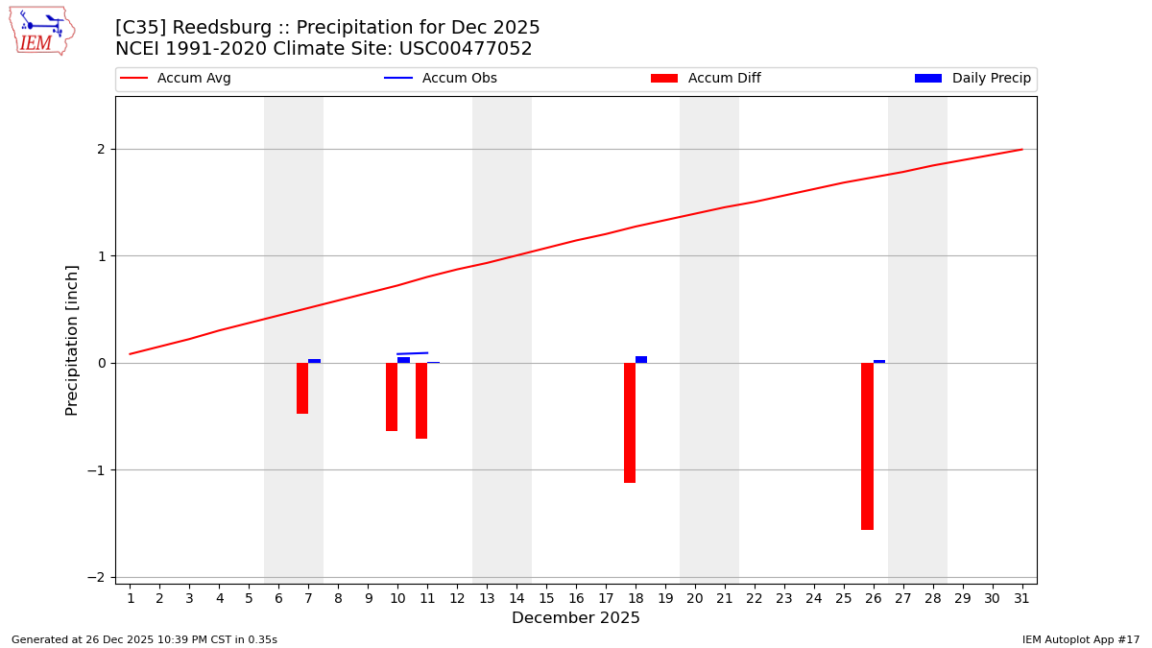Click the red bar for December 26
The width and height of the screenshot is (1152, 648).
pyautogui.click(x=867, y=445)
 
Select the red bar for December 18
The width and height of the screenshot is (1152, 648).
pyautogui.click(x=630, y=422)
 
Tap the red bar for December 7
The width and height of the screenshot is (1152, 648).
pyautogui.click(x=302, y=388)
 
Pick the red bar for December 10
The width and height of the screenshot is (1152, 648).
pyautogui.click(x=392, y=396)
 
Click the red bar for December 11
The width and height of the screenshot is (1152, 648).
pyautogui.click(x=421, y=400)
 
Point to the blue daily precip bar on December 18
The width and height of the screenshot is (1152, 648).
pyautogui.click(x=641, y=359)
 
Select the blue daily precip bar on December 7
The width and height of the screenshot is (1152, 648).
pyautogui.click(x=314, y=361)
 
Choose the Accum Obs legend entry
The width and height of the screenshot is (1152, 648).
pyautogui.click(x=441, y=79)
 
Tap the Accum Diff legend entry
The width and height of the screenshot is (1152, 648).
pyautogui.click(x=706, y=79)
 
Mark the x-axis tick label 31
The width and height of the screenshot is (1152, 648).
pyautogui.click(x=1021, y=599)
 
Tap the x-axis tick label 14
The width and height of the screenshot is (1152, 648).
pyautogui.click(x=516, y=599)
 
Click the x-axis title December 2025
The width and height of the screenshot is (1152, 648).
pyautogui.click(x=575, y=618)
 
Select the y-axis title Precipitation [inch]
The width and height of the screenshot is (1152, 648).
pyautogui.click(x=73, y=340)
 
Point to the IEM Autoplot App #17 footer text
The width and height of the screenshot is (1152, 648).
pyautogui.click(x=1080, y=639)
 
